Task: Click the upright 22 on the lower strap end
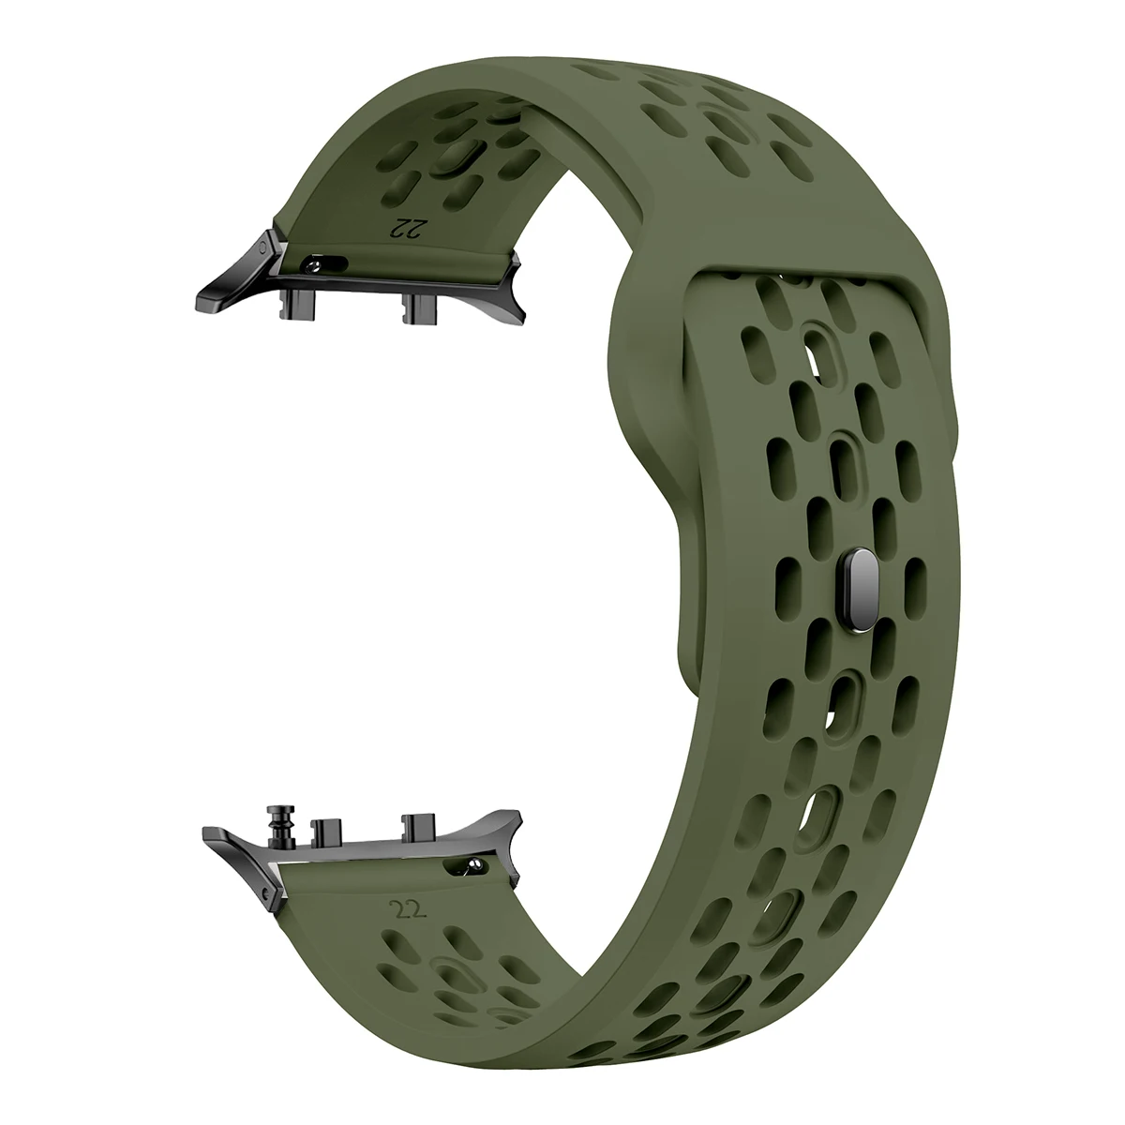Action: click(400, 908)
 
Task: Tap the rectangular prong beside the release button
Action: click(323, 826)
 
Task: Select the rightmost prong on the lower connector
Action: click(413, 824)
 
